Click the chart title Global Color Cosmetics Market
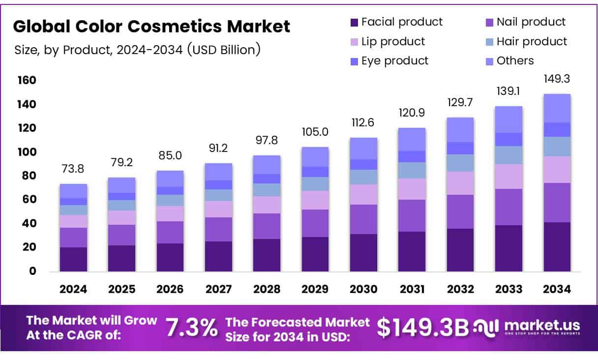(x=151, y=26)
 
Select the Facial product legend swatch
(x=354, y=22)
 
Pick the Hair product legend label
(x=532, y=41)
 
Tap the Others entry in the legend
(x=515, y=60)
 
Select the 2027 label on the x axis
(x=218, y=289)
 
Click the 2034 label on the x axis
(x=557, y=289)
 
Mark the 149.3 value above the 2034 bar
(x=557, y=79)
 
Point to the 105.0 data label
(x=315, y=132)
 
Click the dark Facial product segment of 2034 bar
(x=557, y=246)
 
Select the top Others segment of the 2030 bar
(x=363, y=148)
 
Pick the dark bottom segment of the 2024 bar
(x=73, y=259)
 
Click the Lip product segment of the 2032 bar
(x=460, y=183)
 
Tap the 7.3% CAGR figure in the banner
(x=191, y=328)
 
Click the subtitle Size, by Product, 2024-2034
(x=137, y=49)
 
